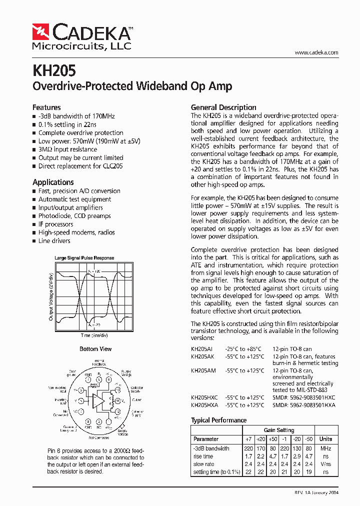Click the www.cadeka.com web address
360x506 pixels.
316,52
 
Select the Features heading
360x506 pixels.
46,107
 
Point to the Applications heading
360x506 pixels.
53,182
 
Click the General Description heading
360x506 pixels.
223,107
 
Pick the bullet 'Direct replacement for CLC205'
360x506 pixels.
80,166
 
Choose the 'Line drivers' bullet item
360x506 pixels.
54,241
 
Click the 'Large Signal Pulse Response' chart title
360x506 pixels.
84,258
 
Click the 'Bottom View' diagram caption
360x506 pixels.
95,349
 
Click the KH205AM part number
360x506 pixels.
203,371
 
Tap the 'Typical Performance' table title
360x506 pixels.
218,420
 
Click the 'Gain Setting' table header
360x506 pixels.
279,430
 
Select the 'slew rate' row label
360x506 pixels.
203,464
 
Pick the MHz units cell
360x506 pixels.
325,448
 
